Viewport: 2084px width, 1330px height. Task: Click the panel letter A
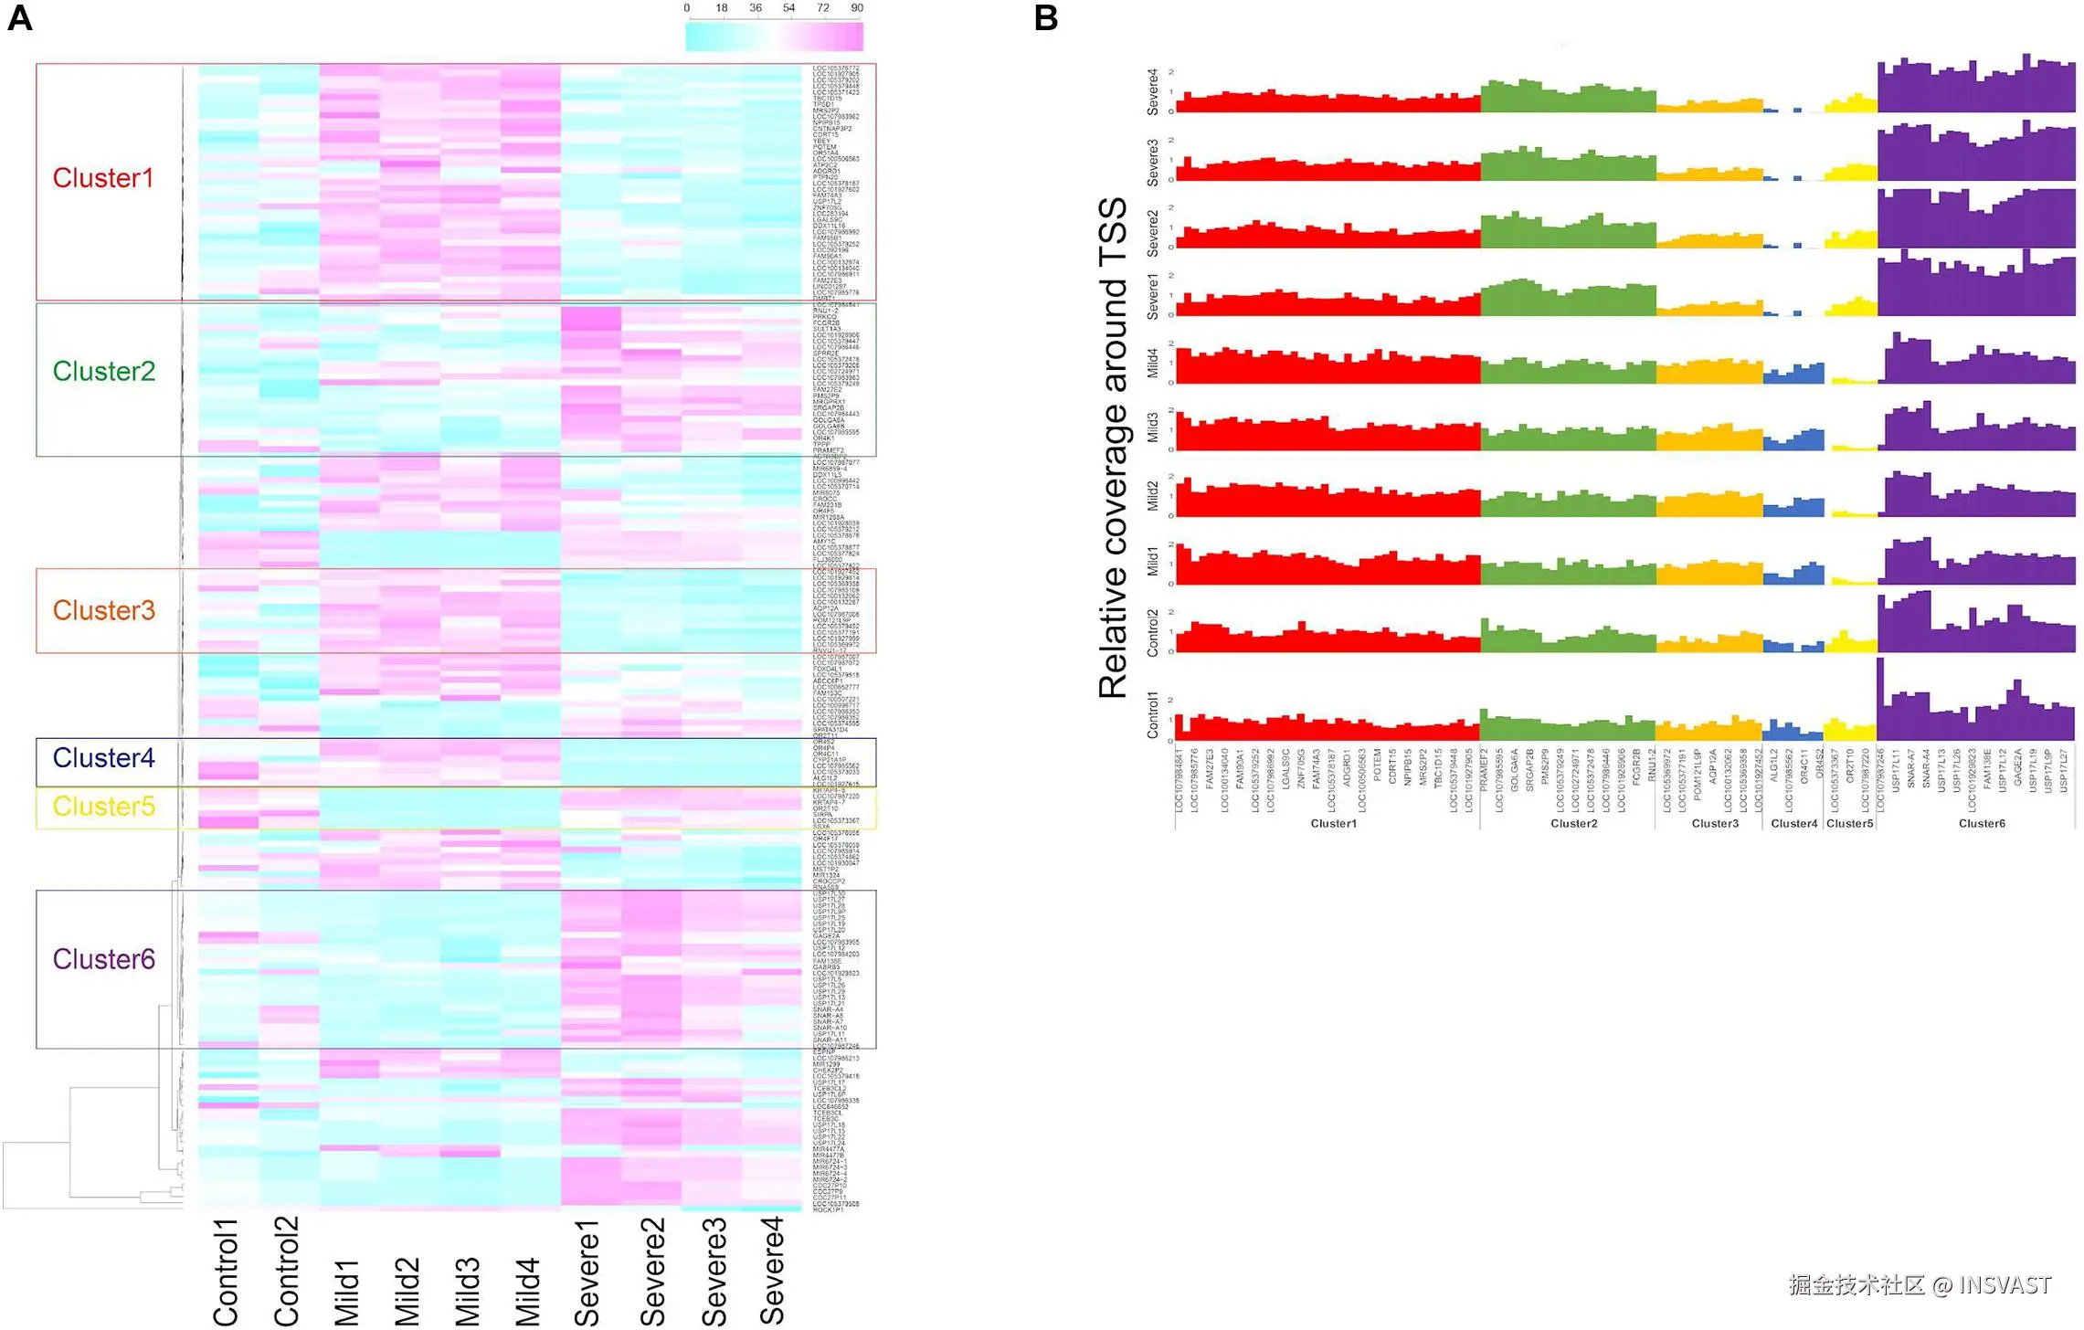(x=20, y=18)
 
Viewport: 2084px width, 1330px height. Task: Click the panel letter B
(x=1046, y=18)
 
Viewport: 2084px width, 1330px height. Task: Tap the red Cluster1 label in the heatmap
(x=102, y=178)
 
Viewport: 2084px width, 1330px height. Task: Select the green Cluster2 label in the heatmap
(x=103, y=371)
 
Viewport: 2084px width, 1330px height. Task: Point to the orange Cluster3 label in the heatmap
(x=103, y=610)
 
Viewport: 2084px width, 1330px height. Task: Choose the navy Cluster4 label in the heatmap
(x=103, y=758)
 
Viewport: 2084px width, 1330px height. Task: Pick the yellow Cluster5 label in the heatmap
(x=103, y=807)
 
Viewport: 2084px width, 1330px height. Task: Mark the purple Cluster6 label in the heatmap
(x=103, y=959)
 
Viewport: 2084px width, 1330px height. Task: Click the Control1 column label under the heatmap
(x=226, y=1272)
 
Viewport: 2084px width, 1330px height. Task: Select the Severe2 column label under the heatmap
(x=652, y=1272)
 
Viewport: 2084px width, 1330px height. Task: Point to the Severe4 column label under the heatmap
(x=772, y=1270)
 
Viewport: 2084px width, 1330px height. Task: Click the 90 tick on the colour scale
(x=857, y=8)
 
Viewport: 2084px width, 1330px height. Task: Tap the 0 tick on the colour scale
(x=687, y=8)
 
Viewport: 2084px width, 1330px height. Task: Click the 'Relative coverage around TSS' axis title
(x=1113, y=448)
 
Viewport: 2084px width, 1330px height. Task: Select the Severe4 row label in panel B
(x=1153, y=91)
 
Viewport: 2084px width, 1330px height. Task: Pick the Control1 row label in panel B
(x=1153, y=715)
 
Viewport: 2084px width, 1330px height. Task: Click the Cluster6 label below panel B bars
(x=1982, y=824)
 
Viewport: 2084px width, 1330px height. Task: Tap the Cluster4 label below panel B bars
(x=1793, y=824)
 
